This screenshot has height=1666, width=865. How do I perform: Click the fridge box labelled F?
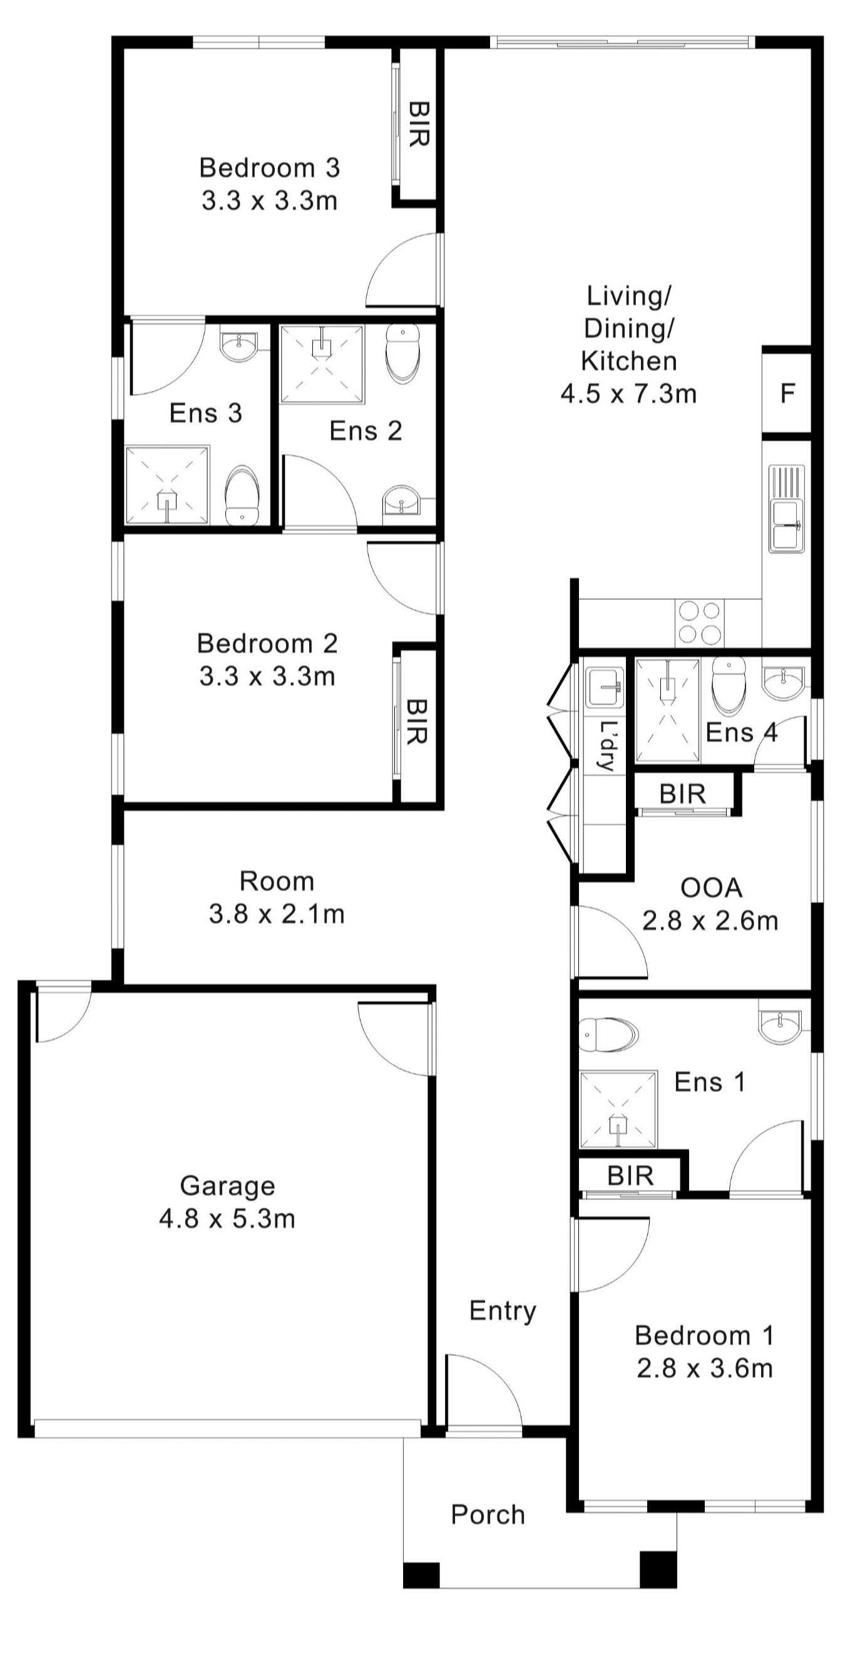786,393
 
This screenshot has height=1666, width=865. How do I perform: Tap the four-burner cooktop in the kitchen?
700,623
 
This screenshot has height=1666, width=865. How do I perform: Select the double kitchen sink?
786,509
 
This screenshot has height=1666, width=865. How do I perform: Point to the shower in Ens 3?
168,485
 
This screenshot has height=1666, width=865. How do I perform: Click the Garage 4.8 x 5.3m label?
227,1203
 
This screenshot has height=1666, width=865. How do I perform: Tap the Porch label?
488,1514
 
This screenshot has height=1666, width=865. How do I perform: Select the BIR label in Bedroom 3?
418,124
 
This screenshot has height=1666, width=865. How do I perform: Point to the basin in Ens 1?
780,1027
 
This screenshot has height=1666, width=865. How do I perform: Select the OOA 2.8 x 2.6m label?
710,904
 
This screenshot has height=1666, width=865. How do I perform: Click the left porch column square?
421,1576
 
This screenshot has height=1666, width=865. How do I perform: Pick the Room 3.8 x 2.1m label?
277,898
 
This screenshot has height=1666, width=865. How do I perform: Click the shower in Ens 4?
667,710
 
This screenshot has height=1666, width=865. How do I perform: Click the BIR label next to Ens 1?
630,1176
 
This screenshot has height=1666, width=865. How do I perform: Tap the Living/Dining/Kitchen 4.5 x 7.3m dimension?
628,393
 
